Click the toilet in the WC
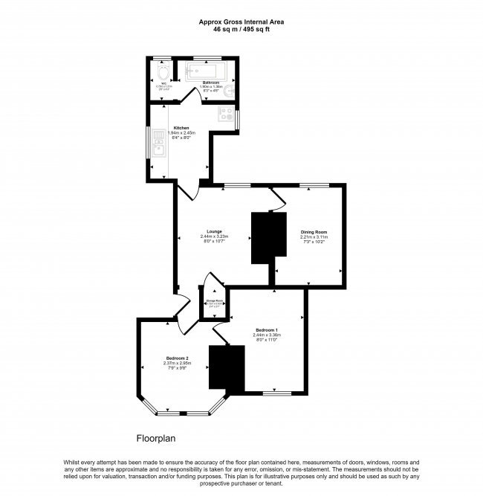(163, 73)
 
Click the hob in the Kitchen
(226, 115)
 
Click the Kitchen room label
(181, 127)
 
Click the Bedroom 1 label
(267, 329)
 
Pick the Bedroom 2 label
(177, 358)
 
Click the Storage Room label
(213, 300)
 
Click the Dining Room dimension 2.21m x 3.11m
(314, 237)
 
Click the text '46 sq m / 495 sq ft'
(241, 29)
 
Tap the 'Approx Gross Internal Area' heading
(241, 22)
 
